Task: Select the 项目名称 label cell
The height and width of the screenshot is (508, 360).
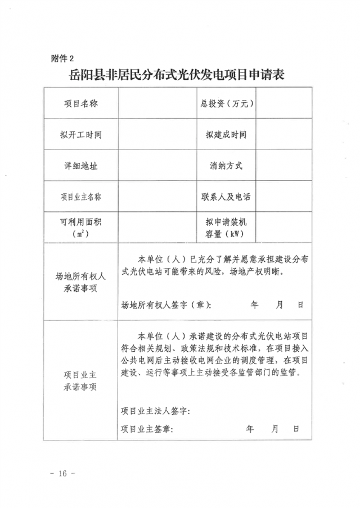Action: (81, 103)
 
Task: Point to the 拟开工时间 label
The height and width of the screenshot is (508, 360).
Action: (81, 135)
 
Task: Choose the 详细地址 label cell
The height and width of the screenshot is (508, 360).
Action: (81, 166)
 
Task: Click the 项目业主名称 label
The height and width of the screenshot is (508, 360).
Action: (81, 197)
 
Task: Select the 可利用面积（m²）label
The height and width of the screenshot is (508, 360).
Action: (81, 228)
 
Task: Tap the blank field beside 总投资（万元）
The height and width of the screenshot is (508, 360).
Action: (284, 103)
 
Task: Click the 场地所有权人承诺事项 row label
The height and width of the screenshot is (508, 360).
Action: (81, 282)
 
